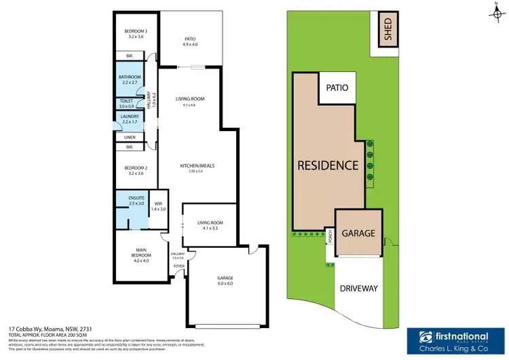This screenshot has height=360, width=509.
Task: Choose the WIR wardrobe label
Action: point(157,205)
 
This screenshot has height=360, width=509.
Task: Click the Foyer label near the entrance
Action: point(178,267)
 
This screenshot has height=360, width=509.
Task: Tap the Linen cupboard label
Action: point(130,137)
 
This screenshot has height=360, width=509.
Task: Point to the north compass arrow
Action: point(496,10)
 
